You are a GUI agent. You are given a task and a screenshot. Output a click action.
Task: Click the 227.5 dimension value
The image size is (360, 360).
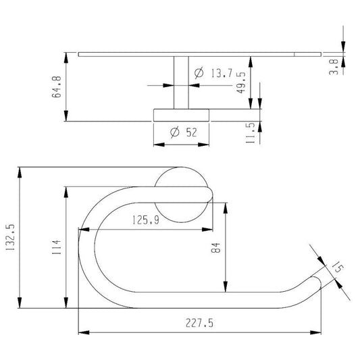(199, 323)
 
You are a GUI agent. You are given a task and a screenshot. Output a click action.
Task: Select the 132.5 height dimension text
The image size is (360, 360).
(10, 237)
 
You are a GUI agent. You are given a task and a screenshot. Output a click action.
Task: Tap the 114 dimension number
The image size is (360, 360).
(57, 247)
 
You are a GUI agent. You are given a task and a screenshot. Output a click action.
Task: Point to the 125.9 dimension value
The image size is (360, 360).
(146, 220)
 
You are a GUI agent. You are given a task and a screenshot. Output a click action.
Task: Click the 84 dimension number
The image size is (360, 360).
(215, 248)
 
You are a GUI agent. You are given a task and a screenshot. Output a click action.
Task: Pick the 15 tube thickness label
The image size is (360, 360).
(338, 267)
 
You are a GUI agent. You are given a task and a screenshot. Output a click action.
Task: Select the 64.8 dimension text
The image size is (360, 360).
(57, 86)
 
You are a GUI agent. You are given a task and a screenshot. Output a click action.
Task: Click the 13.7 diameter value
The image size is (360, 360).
(222, 73)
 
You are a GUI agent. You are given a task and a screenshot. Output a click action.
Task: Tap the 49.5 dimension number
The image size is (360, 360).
(241, 82)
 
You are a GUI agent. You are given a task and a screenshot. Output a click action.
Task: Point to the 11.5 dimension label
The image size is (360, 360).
(251, 133)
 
